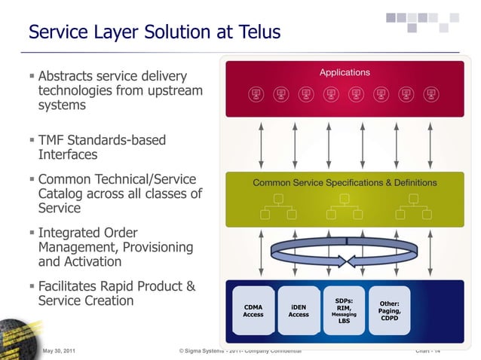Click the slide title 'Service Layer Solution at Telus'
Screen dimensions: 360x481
click(x=154, y=32)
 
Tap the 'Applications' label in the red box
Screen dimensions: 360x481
click(x=345, y=72)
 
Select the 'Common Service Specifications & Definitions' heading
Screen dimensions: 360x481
click(x=345, y=182)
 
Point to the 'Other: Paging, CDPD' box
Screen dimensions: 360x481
click(x=390, y=310)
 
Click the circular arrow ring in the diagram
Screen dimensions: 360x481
click(x=344, y=252)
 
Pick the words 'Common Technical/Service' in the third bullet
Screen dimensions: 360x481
click(x=117, y=179)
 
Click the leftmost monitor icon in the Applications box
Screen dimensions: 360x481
click(x=256, y=94)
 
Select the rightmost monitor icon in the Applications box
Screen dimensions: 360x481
click(x=430, y=94)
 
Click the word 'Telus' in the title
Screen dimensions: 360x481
click(x=257, y=32)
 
